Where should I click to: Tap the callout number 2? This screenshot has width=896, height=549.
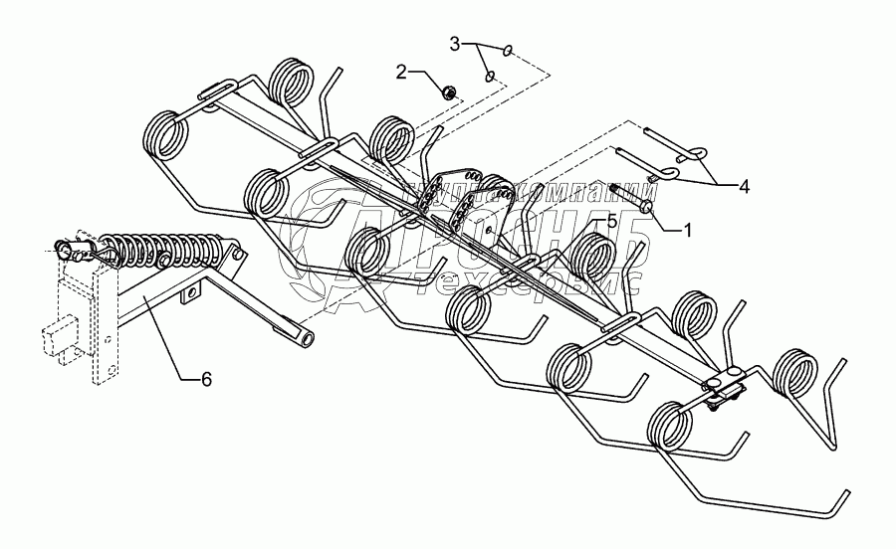tap(402, 72)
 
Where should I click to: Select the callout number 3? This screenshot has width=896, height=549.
tap(455, 43)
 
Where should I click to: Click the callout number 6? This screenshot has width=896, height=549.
tap(207, 378)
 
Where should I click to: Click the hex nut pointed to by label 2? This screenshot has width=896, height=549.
tap(449, 92)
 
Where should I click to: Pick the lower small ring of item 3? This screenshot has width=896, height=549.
tap(489, 76)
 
